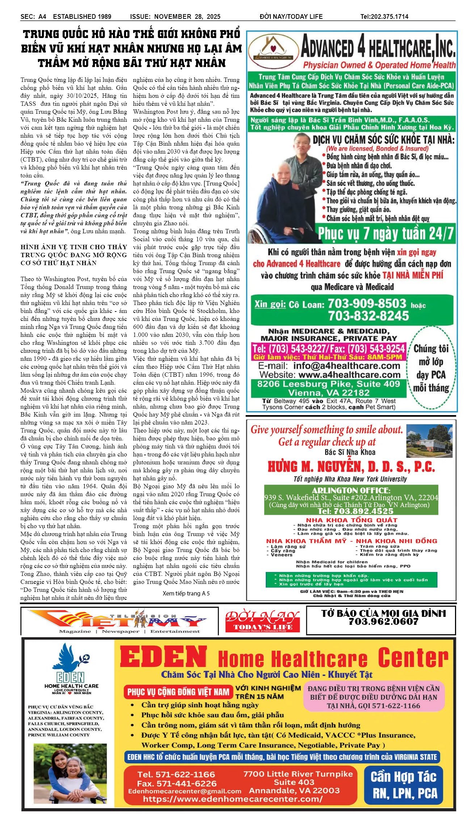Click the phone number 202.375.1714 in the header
(x=389, y=16)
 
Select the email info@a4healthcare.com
(x=346, y=365)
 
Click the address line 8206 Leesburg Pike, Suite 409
(x=328, y=384)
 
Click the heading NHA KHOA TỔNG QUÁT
(x=351, y=520)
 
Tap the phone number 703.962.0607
(x=383, y=622)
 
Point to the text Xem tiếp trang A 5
(x=186, y=593)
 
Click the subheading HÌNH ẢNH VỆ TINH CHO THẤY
(x=74, y=247)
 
